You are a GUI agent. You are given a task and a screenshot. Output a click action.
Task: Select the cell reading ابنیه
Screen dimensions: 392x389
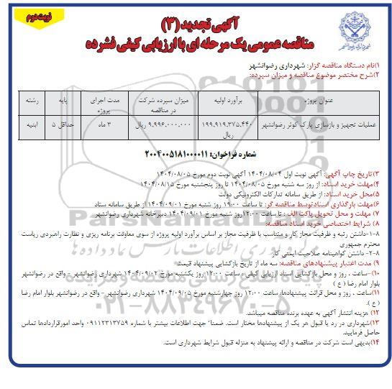coord(33,125)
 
